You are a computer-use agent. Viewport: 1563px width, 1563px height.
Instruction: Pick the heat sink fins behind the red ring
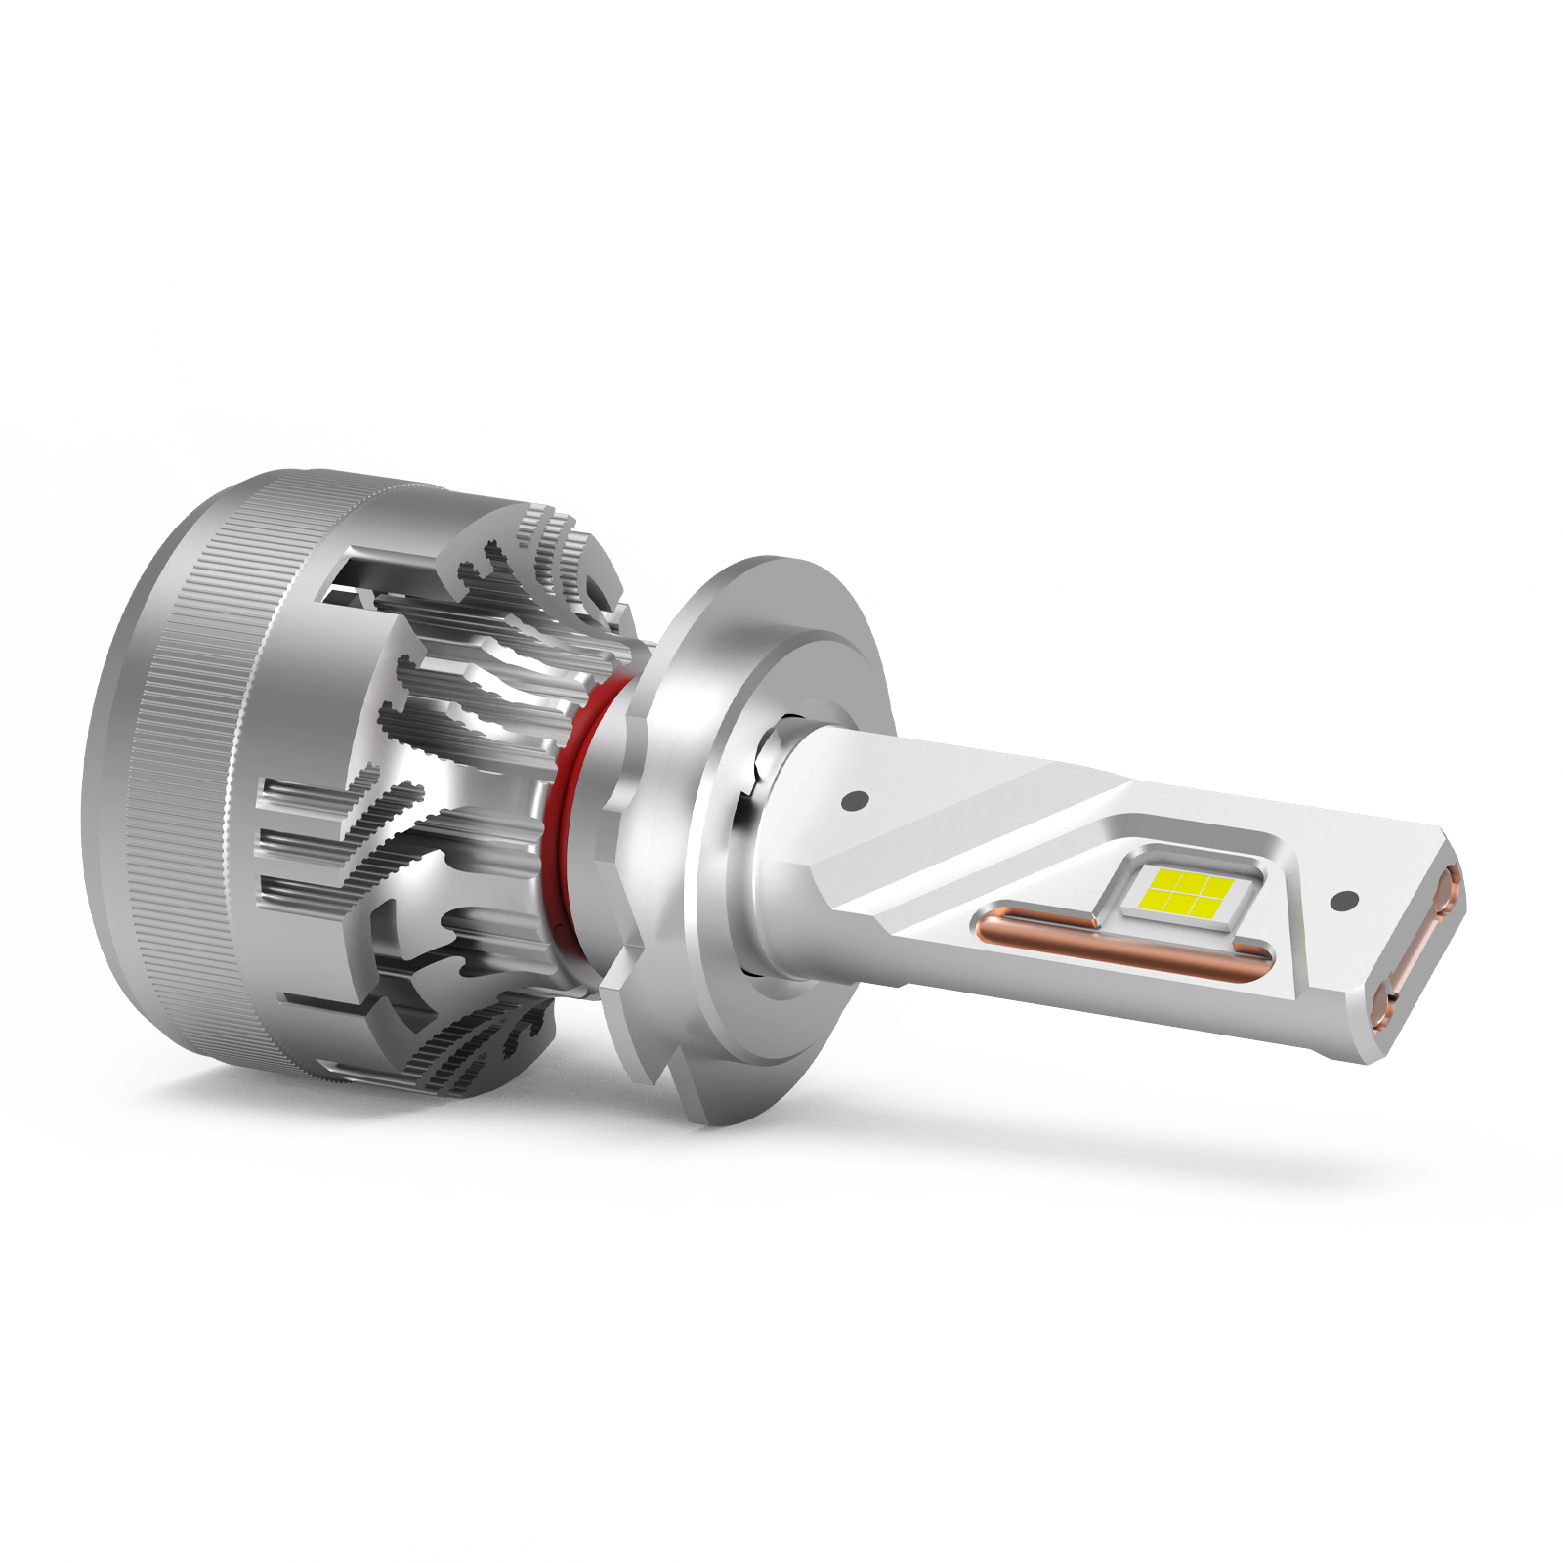(469, 781)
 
